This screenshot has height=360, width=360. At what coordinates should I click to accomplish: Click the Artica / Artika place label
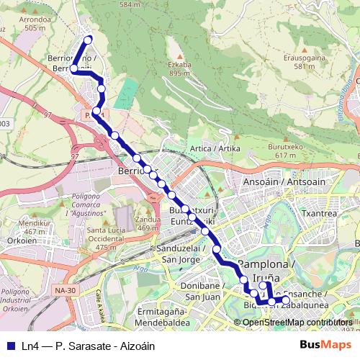(x=214, y=148)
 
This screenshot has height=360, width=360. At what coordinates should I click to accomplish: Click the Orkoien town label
(x=15, y=241)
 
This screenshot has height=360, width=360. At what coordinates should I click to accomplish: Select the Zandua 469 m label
(x=148, y=223)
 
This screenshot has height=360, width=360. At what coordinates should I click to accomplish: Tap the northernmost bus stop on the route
(x=89, y=40)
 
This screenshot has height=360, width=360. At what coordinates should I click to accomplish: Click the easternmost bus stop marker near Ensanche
(x=286, y=300)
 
